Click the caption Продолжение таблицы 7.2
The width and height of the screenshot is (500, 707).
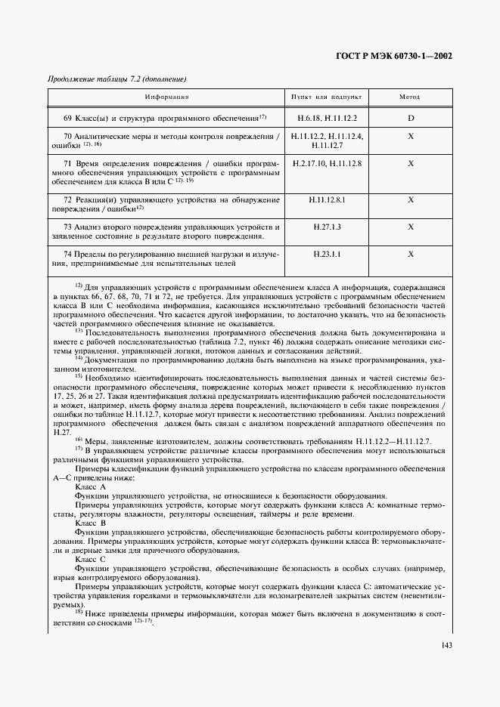pyautogui.click(x=116, y=79)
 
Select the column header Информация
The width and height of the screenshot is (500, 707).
pyautogui.click(x=167, y=97)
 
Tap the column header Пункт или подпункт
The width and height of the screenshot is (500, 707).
pyautogui.click(x=326, y=97)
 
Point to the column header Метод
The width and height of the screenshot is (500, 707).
pyautogui.click(x=410, y=97)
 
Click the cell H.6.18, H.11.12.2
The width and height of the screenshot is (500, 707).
pyautogui.click(x=326, y=119)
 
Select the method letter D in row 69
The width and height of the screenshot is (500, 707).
pyautogui.click(x=410, y=119)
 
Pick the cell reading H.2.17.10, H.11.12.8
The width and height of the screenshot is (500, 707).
pyautogui.click(x=326, y=163)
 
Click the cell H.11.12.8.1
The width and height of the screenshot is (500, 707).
pyautogui.click(x=326, y=199)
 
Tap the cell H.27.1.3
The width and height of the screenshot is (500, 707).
pyautogui.click(x=326, y=227)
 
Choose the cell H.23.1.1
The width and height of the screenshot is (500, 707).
pyautogui.click(x=326, y=255)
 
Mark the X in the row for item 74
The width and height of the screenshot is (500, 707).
pyautogui.click(x=410, y=255)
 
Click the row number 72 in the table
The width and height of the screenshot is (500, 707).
pyautogui.click(x=68, y=199)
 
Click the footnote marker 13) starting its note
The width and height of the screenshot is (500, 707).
pyautogui.click(x=79, y=332)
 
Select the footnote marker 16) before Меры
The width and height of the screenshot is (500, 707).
pyautogui.click(x=79, y=440)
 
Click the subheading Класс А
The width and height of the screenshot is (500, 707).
pyautogui.click(x=91, y=486)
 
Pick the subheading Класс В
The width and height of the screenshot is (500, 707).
pyautogui.click(x=91, y=522)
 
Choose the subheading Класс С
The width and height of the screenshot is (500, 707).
pyautogui.click(x=91, y=558)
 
